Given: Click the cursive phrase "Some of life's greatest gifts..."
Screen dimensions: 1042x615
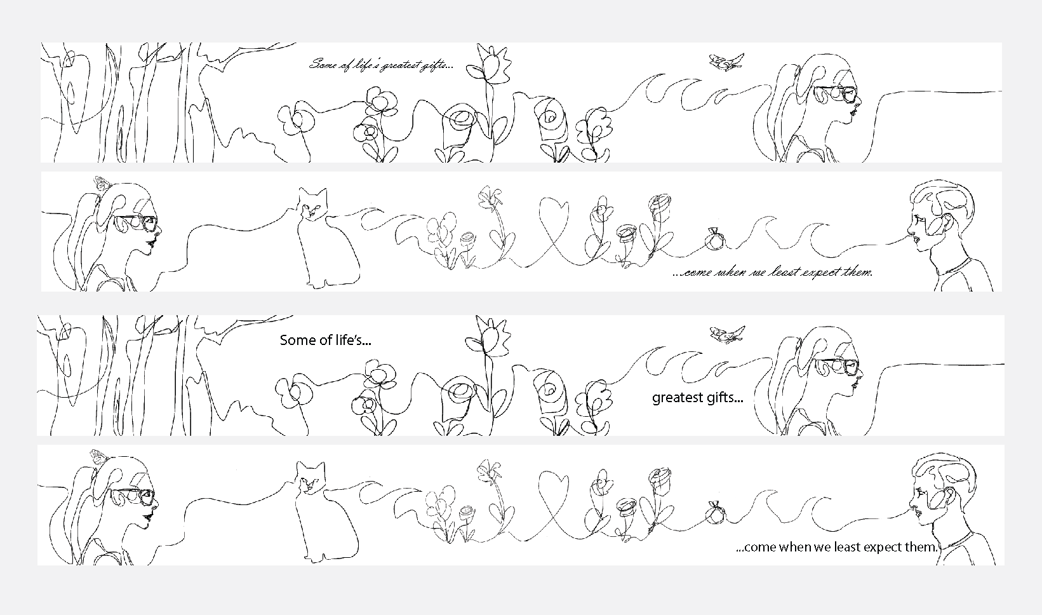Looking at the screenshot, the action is (x=380, y=65).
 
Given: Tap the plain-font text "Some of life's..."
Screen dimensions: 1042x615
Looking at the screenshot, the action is (x=325, y=341).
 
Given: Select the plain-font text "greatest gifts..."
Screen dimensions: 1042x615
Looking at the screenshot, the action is (x=697, y=398).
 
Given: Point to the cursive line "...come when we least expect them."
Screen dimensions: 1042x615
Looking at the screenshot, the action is (x=772, y=273).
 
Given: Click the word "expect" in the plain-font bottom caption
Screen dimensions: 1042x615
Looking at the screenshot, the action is (x=878, y=548).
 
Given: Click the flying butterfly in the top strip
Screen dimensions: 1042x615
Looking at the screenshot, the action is (x=725, y=62).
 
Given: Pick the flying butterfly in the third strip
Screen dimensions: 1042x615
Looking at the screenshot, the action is (x=726, y=335).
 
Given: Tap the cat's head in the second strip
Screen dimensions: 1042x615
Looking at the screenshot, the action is (x=312, y=204).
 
